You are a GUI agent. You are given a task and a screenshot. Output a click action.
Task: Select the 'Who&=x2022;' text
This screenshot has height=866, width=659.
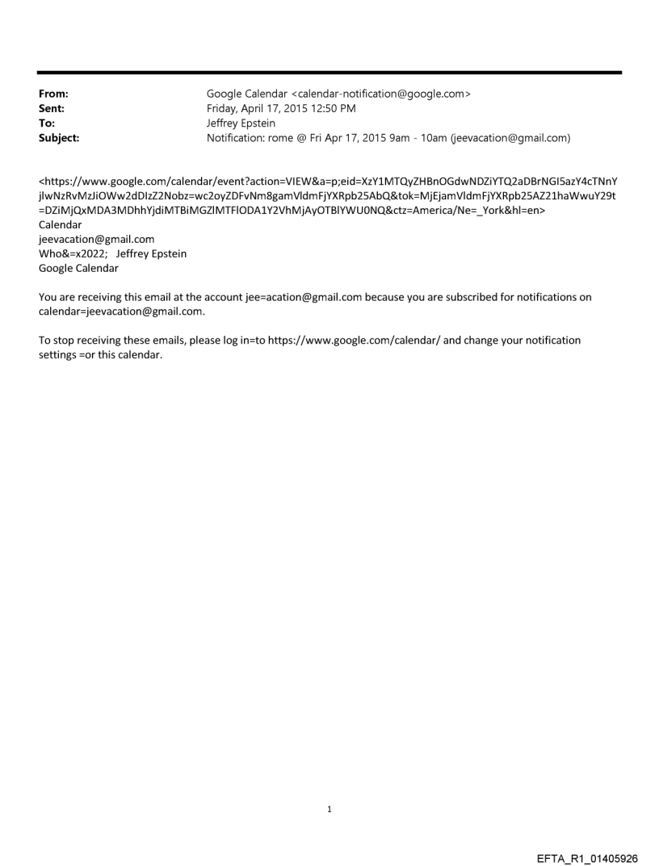(x=73, y=253)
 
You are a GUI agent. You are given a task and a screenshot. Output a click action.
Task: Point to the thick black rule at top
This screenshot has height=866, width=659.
(x=329, y=73)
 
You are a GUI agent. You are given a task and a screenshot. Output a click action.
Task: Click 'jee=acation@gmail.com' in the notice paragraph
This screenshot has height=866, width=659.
(x=303, y=297)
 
